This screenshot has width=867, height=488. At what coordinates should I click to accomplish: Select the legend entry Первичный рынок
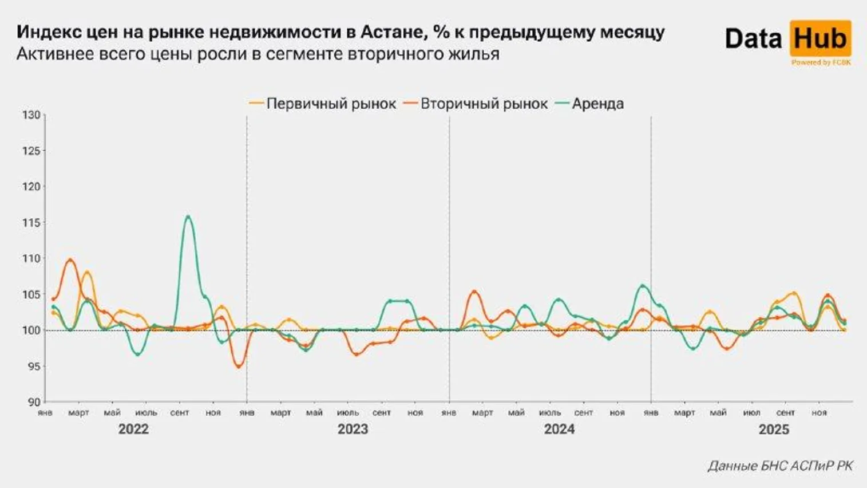[x=331, y=104]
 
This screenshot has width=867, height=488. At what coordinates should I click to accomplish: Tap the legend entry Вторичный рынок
[x=484, y=104]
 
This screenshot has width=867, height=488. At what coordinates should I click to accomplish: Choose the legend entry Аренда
[x=597, y=104]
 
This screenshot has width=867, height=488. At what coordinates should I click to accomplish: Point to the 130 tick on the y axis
[x=31, y=115]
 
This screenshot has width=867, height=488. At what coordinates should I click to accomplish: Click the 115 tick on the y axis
[x=31, y=223]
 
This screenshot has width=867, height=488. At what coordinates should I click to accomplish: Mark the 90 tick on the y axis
[x=33, y=402]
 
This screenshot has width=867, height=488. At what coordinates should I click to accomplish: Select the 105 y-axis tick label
[x=31, y=294]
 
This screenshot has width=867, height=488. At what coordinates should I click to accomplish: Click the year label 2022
[x=133, y=430]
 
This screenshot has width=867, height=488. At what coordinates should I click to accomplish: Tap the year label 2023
[x=353, y=430]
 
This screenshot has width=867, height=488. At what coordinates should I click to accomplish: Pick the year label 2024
[x=559, y=430]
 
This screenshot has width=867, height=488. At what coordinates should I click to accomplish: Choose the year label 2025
[x=774, y=430]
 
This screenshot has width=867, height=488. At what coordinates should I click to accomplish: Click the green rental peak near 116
[x=188, y=217]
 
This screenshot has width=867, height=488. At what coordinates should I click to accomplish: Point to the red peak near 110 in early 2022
[x=70, y=260]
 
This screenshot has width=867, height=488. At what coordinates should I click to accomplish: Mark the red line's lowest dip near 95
[x=239, y=366]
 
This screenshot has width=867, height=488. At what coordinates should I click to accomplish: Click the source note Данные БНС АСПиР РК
[x=779, y=466]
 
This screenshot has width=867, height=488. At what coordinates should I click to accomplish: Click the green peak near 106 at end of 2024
[x=643, y=285]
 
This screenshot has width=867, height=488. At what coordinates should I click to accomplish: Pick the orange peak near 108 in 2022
[x=87, y=272]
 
